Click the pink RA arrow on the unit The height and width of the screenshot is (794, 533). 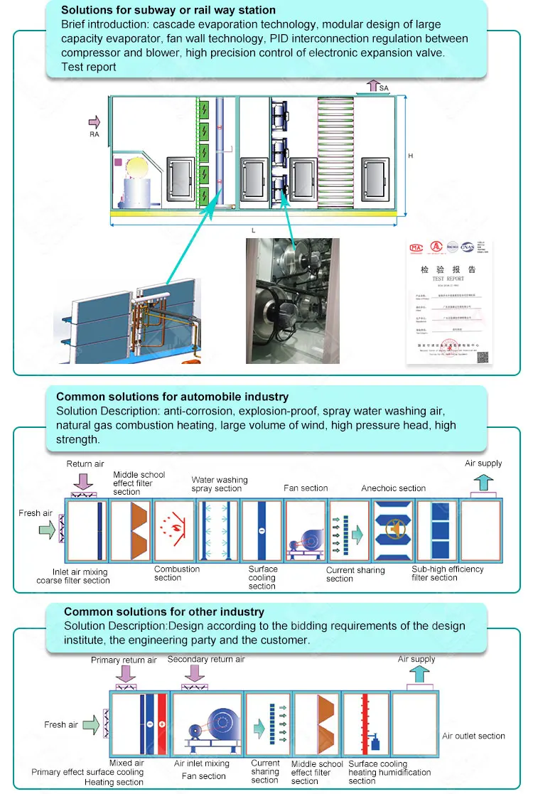tap(94, 121)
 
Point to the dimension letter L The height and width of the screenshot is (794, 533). tap(254, 230)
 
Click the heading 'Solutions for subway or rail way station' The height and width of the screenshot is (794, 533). tap(168, 11)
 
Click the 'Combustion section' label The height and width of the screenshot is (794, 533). tap(177, 573)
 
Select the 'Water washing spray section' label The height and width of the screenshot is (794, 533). tap(220, 484)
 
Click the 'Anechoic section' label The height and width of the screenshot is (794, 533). tap(393, 488)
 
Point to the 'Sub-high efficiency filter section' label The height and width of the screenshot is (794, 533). tap(448, 573)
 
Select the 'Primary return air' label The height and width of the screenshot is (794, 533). tap(124, 660)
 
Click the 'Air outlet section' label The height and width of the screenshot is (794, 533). tap(473, 736)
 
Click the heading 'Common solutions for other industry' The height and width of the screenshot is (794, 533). tap(164, 612)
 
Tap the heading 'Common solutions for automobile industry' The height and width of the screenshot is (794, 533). tap(172, 397)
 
